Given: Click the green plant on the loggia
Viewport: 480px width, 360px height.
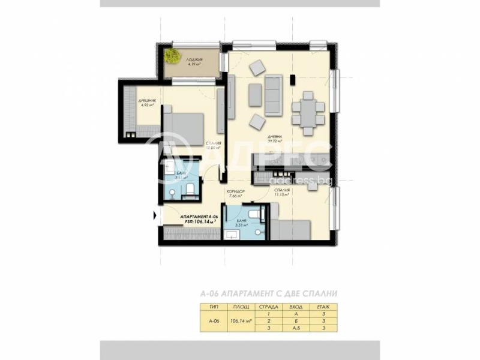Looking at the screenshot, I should pos(173,56).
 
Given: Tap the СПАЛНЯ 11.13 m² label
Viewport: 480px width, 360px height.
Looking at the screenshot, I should pos(282,193).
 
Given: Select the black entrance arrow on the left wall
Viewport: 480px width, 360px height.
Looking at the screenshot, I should pos(155,215).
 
